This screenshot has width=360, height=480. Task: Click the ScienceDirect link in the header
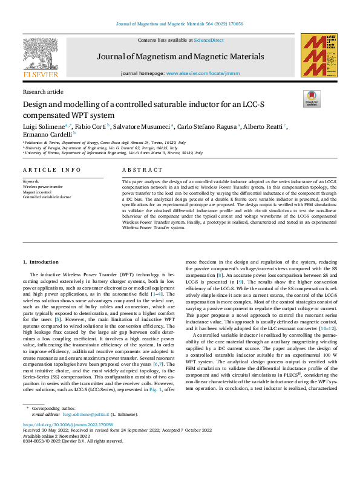209,41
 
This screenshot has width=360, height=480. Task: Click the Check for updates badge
311,99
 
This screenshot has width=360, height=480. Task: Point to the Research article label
42,92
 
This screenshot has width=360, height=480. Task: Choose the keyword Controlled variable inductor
47,197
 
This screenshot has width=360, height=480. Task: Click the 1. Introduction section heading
41,262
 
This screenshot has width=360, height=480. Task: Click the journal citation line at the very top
180,24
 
